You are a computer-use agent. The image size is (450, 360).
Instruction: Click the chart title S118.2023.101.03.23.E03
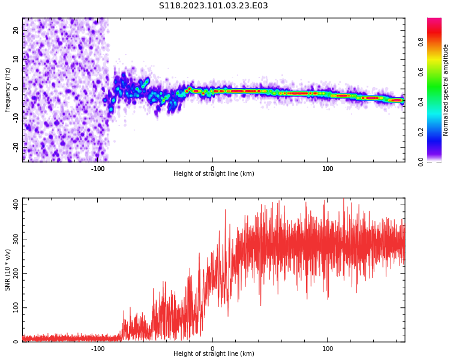213,6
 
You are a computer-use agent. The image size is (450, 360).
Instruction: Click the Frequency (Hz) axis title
8,89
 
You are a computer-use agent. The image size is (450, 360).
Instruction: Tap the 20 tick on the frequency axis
16,29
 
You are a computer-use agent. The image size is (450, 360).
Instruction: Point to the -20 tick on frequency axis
14,146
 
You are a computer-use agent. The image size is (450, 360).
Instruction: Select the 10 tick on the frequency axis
16,59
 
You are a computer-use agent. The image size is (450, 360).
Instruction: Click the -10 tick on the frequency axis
14,117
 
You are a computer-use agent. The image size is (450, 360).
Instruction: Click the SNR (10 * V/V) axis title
8,270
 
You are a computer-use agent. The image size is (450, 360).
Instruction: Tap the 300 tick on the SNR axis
13,239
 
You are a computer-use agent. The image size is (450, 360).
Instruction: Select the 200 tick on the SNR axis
13,273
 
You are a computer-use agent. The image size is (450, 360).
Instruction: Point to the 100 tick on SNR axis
13,307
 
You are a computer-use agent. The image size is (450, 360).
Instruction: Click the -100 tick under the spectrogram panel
98,169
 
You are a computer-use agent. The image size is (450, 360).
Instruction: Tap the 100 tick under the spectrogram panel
328,169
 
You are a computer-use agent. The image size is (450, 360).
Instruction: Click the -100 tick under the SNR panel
98,349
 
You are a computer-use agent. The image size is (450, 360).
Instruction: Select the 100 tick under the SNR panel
328,349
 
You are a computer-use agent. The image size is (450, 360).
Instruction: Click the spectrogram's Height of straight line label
214,174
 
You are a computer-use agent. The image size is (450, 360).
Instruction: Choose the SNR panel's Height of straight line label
214,354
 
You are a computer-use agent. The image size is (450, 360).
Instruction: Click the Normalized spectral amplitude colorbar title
446,89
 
